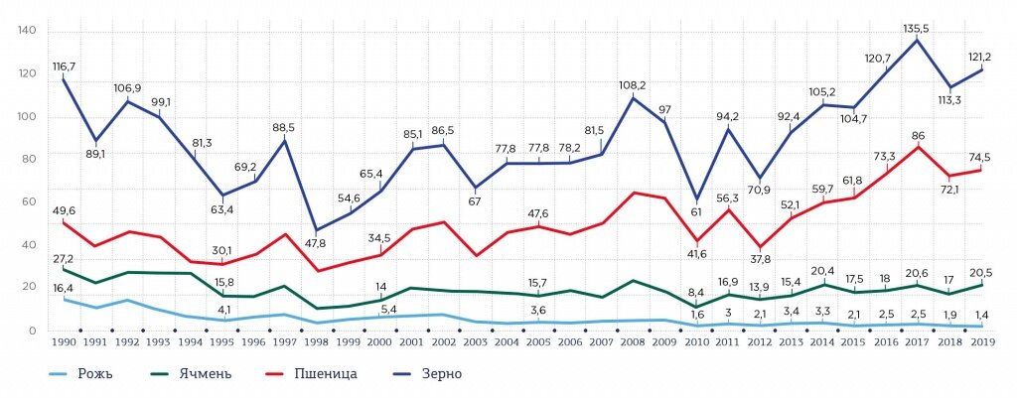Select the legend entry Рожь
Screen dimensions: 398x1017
click(x=100, y=374)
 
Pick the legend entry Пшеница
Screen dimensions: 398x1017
click(x=325, y=374)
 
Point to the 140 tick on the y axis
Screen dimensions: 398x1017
click(x=27, y=31)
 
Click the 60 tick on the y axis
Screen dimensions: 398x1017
click(x=30, y=202)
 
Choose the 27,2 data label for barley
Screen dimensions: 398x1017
click(x=62, y=257)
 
